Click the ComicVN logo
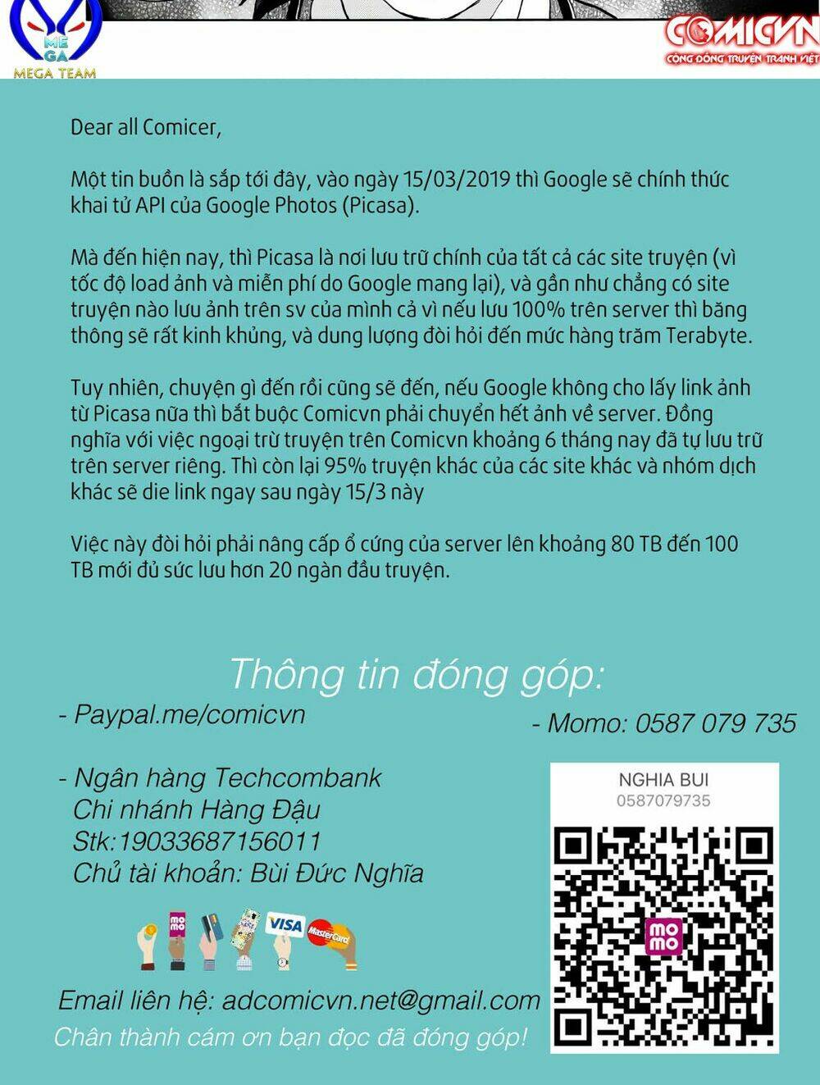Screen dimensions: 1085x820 [741, 40]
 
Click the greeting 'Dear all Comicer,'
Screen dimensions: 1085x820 [145, 127]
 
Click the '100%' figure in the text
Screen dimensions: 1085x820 [538, 310]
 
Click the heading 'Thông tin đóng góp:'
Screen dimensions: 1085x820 [416, 674]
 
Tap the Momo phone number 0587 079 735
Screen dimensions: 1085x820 [715, 723]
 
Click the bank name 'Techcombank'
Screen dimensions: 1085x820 [298, 777]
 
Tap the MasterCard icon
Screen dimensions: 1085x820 [329, 934]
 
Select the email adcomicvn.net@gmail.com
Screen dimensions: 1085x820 [381, 1001]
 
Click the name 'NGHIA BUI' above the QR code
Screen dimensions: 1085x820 [663, 780]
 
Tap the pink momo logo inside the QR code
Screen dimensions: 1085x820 [663, 936]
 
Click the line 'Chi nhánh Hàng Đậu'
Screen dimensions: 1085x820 [197, 809]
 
